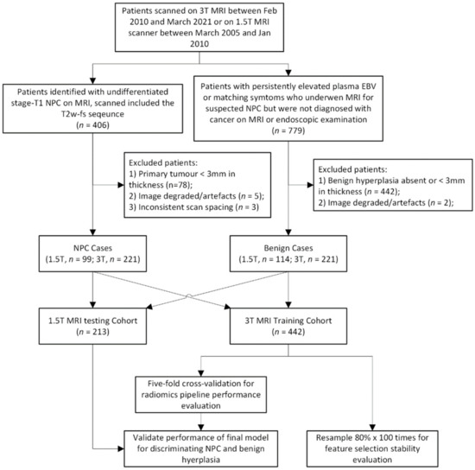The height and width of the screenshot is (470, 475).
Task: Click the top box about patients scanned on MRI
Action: pyautogui.click(x=237, y=31)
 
